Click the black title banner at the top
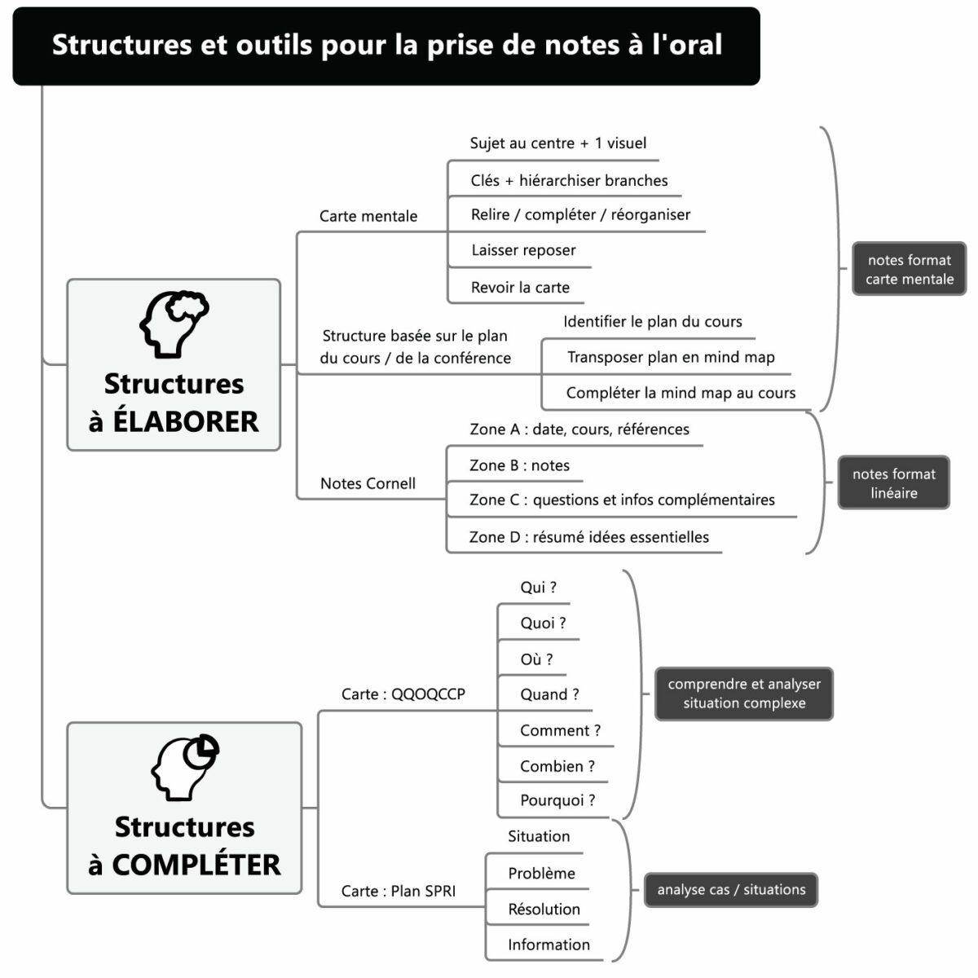coord(386,46)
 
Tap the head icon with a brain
coord(174,324)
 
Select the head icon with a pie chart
coord(185,767)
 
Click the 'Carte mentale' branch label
coord(368,216)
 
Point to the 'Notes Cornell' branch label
coord(368,483)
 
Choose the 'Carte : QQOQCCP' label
coord(403,694)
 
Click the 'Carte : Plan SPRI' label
coord(399,891)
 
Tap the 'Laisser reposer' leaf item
coord(523,250)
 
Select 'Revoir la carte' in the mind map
coord(520,287)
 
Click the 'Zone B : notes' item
coord(519,465)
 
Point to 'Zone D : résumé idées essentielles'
coord(588,537)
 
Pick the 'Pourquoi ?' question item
coord(557,800)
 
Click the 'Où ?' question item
coord(536,659)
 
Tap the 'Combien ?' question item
coord(557,766)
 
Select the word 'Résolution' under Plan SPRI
coord(544,909)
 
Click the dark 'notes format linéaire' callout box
coord(893,483)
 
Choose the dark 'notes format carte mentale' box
coord(909,269)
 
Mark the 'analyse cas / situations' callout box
coord(731,890)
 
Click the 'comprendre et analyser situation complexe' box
coord(744,694)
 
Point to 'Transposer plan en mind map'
coord(671,357)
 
